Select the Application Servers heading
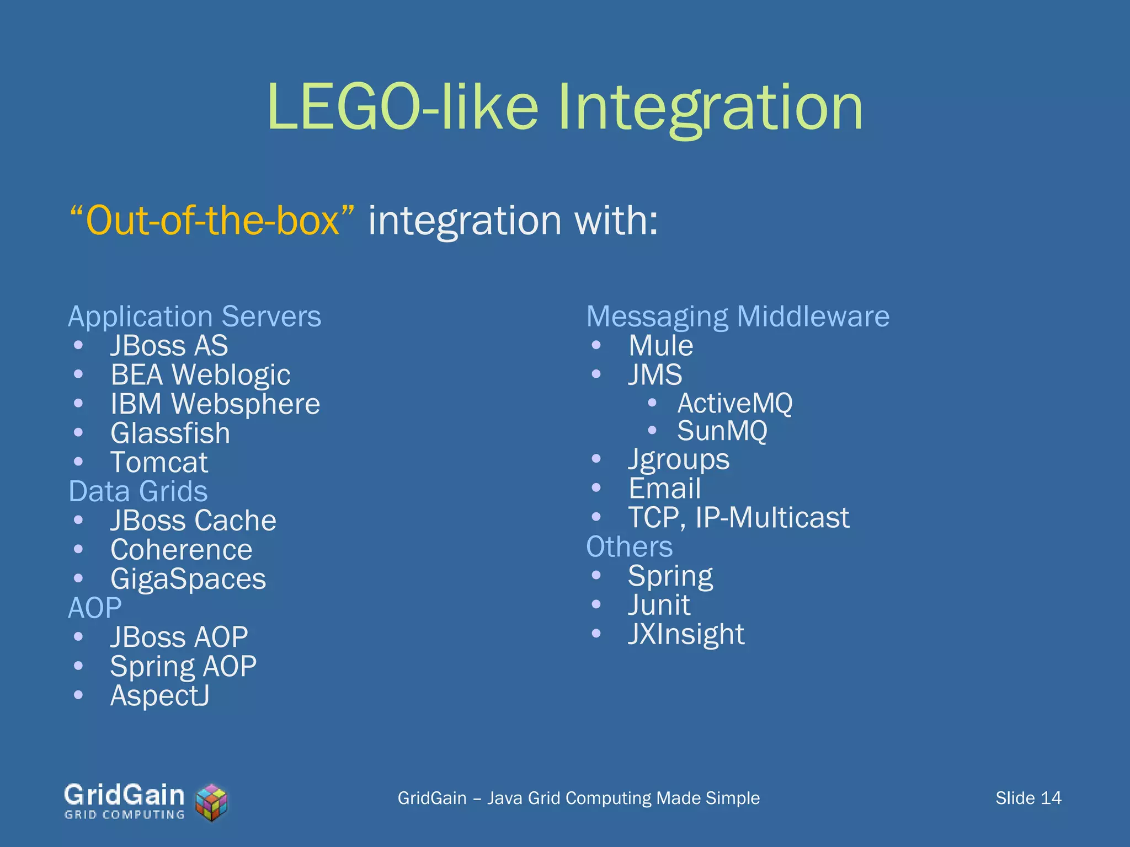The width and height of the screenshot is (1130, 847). (194, 317)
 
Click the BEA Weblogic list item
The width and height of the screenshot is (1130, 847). (200, 375)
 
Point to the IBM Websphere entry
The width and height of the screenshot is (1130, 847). (215, 404)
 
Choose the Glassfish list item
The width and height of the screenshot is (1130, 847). (170, 433)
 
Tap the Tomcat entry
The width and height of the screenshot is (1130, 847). (159, 463)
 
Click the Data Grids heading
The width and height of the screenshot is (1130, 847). (138, 491)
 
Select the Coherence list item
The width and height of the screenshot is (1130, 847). (181, 550)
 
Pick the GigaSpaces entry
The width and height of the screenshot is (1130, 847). (188, 579)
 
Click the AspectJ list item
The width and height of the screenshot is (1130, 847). (159, 696)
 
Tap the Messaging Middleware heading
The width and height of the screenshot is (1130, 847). (738, 317)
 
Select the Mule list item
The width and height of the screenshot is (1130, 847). (660, 346)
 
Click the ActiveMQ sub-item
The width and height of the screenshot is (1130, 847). (734, 403)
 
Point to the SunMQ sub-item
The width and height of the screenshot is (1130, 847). (722, 431)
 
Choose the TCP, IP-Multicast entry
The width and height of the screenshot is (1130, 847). (739, 518)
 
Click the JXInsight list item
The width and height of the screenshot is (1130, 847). (686, 634)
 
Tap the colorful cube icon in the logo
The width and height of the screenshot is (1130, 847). (212, 802)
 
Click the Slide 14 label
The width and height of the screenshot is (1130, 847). (1028, 798)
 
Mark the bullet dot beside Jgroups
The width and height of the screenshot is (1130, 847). (596, 459)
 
